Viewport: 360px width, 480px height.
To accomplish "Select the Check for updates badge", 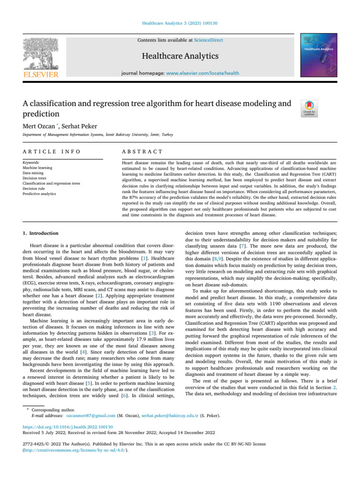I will pyautogui.click(x=310, y=109).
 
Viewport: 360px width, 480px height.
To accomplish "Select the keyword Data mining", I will pyautogui.click(x=34, y=173).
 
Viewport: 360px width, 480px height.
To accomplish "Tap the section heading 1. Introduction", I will pyautogui.click(x=41, y=233).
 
